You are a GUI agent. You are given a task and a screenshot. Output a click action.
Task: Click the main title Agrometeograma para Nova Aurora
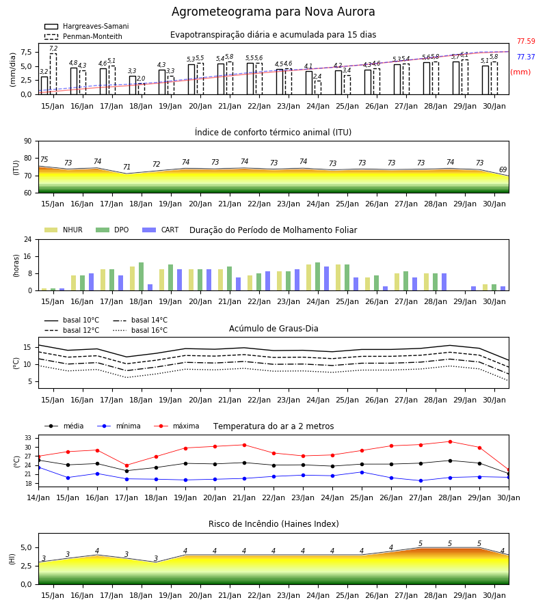coord(273,12)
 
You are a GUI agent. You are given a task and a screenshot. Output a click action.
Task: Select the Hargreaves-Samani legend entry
coord(86,26)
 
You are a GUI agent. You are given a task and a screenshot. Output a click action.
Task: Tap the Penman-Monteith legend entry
coord(83,36)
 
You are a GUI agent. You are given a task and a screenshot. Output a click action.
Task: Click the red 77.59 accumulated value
coord(526,41)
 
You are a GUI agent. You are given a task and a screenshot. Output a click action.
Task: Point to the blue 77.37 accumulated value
coord(526,57)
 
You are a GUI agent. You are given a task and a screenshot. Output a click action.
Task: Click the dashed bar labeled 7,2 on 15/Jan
coord(53,74)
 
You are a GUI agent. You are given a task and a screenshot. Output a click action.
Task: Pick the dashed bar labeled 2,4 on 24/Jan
coord(318,87)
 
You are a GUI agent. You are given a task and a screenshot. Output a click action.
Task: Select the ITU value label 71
coord(126,167)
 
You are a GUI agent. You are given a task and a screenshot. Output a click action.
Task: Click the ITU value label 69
coord(503,169)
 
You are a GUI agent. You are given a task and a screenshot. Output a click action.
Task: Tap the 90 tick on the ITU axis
coord(27,141)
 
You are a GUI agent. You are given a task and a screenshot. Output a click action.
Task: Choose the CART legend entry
coord(161,230)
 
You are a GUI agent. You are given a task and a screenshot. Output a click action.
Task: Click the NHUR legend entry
coord(64,230)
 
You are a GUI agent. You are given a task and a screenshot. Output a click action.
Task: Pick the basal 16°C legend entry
coord(140,330)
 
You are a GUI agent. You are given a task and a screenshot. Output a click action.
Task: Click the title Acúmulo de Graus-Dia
coord(273,328)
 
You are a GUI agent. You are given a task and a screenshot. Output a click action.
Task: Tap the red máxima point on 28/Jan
coord(450,441)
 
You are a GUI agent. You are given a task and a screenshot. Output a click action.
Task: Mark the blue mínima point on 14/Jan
coord(38,467)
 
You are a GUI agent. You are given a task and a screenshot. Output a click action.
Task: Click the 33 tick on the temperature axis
coord(28,438)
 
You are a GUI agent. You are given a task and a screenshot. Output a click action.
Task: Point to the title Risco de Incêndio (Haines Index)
coord(273,523)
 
